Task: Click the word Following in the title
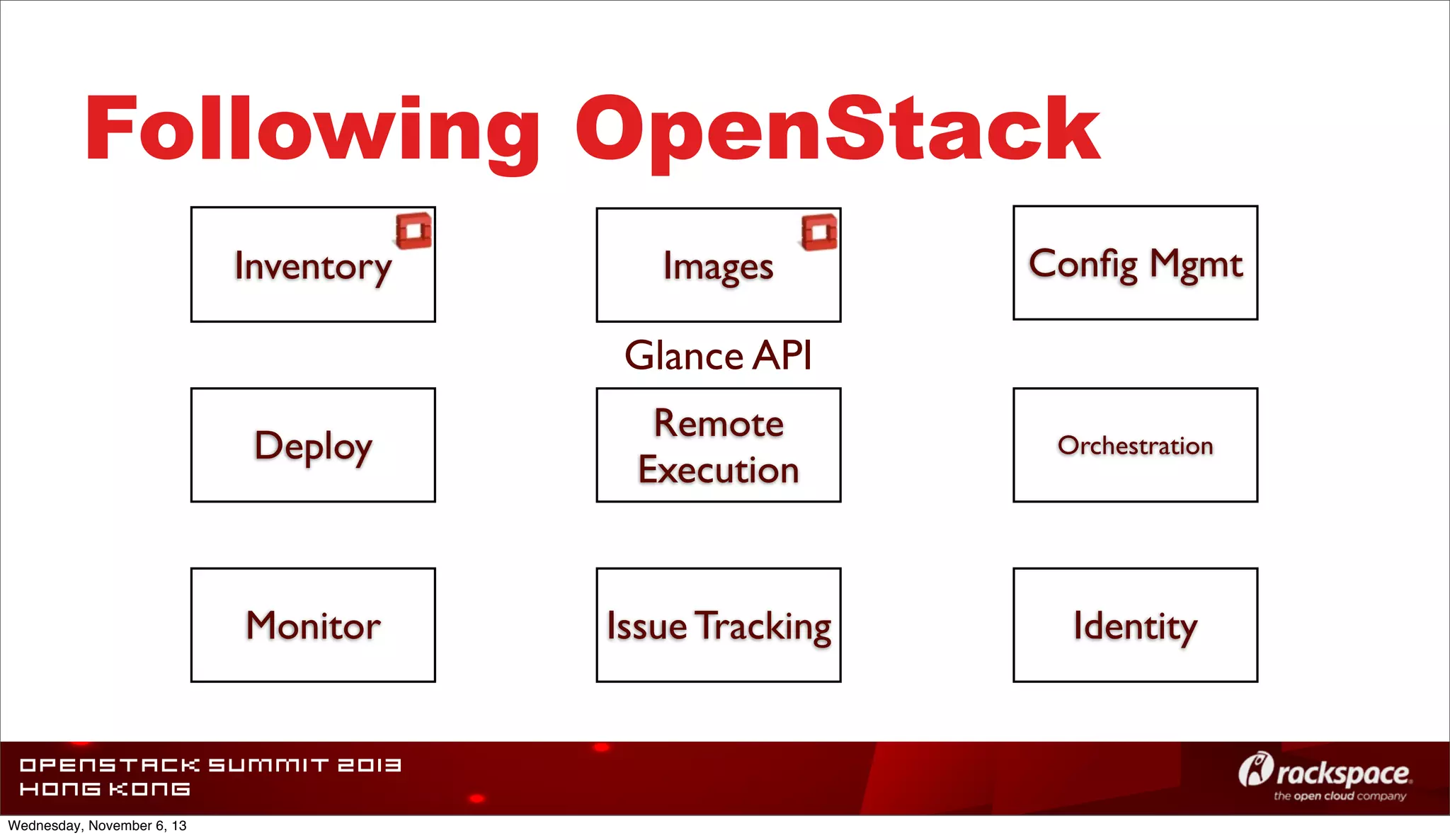coord(312,131)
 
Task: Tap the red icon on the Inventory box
coord(413,231)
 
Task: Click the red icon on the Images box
coord(819,232)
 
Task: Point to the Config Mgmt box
coord(1135,263)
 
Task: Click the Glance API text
coord(718,355)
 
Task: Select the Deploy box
coord(312,445)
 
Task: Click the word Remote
coord(718,423)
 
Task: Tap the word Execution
coord(718,470)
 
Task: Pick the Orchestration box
coord(1135,445)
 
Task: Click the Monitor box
coord(312,625)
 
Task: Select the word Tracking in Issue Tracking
coord(763,626)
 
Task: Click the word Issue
coord(646,626)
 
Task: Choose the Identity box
coord(1135,625)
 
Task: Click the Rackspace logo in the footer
coord(1324,772)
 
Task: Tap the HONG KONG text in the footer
coord(105,789)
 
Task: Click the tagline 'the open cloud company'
coord(1340,796)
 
